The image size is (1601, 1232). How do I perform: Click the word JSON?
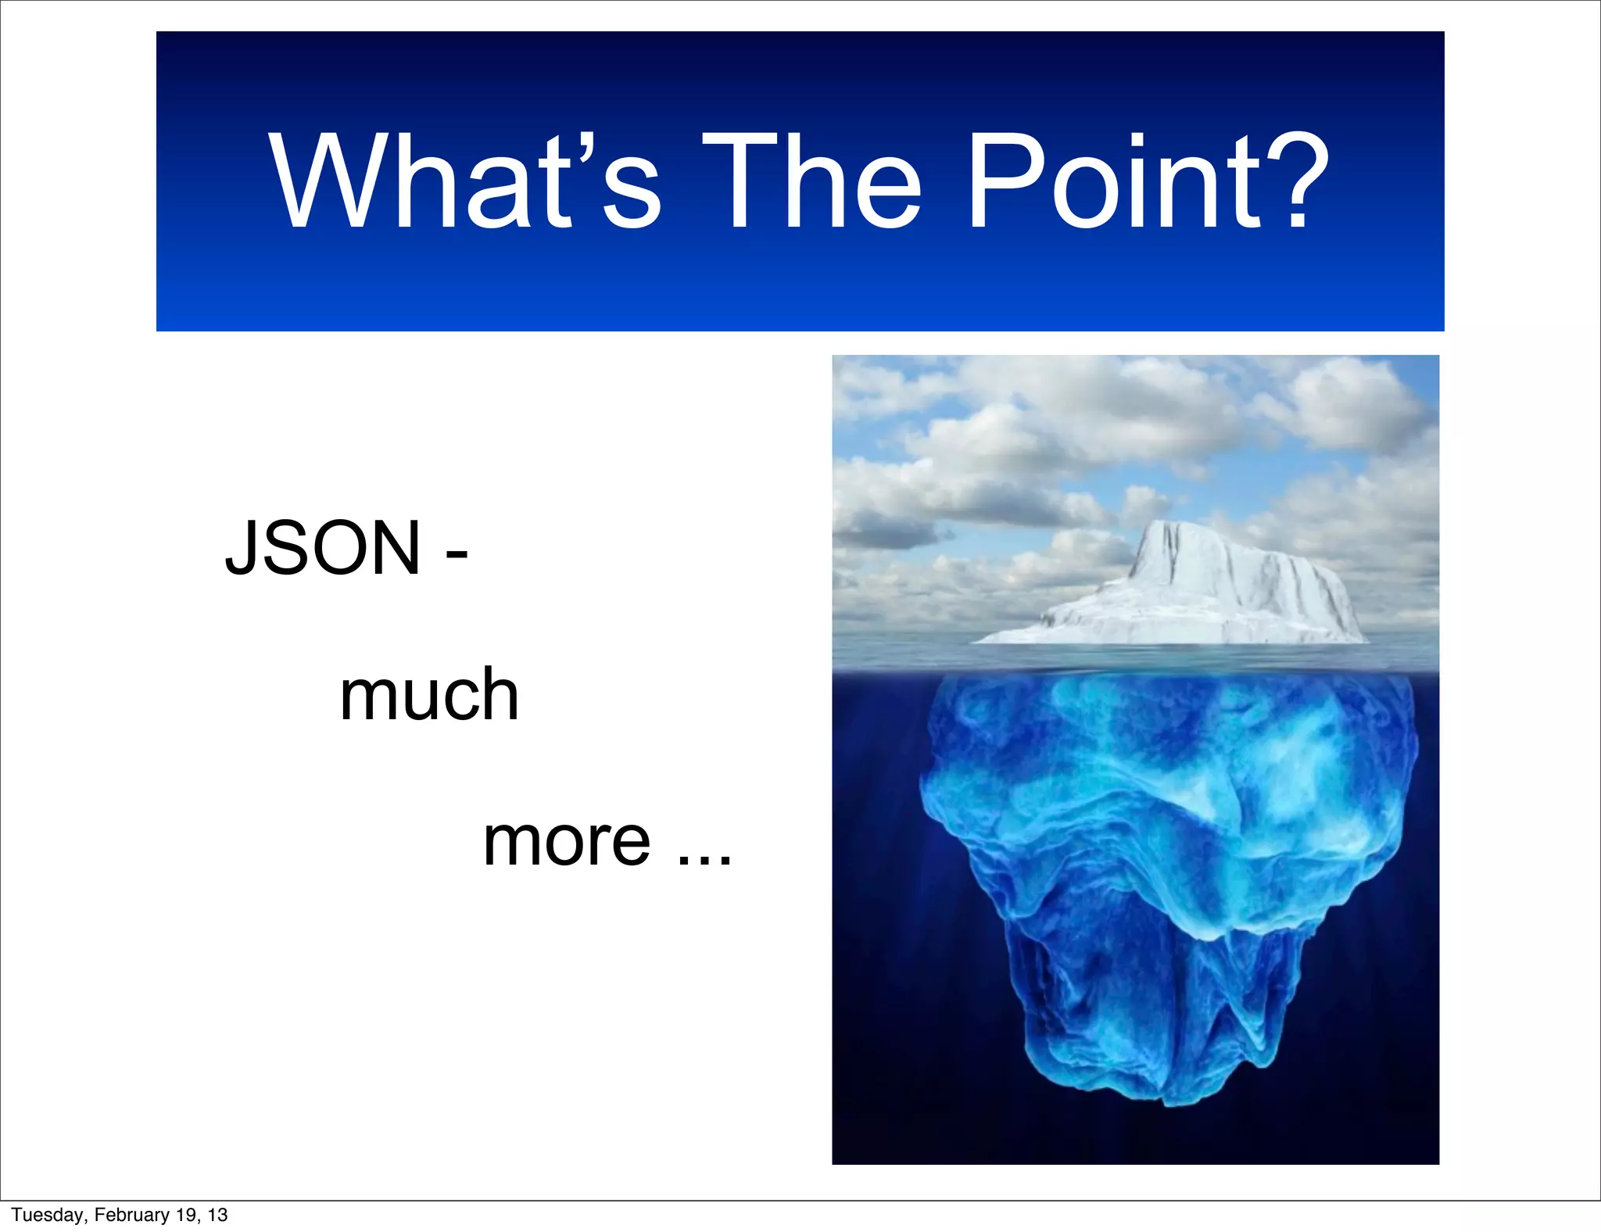click(323, 549)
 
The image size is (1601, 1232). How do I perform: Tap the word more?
click(567, 843)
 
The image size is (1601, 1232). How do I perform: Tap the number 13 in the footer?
click(217, 1215)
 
